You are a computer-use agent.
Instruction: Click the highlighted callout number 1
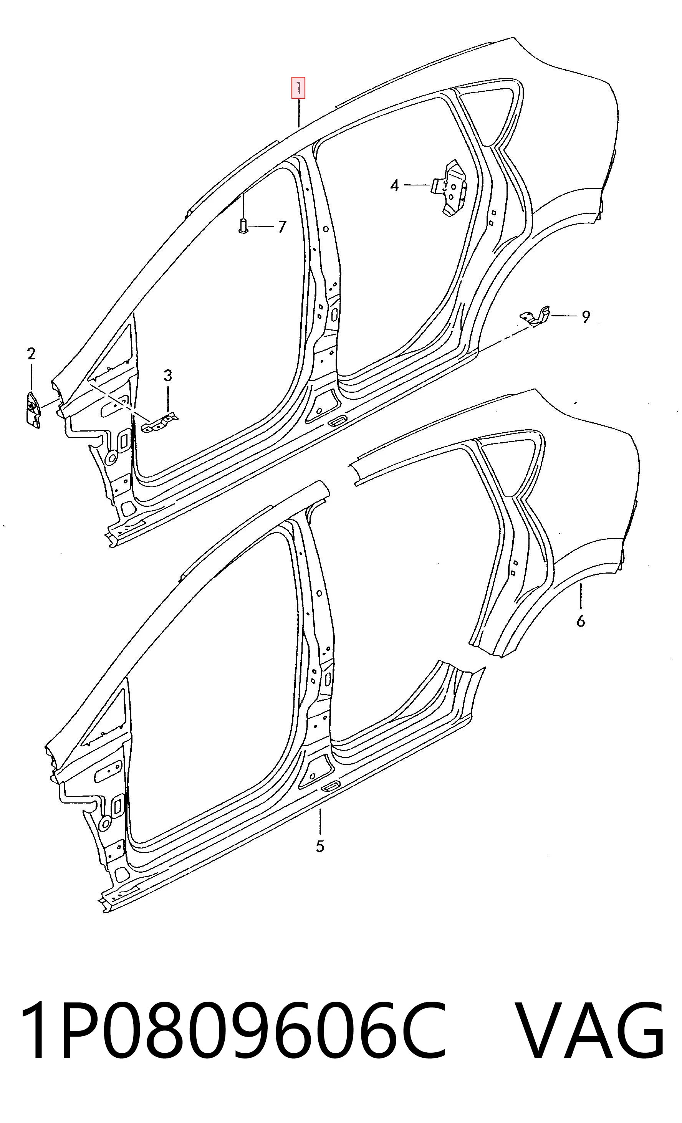pyautogui.click(x=298, y=88)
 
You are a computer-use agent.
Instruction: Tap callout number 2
pyautogui.click(x=31, y=354)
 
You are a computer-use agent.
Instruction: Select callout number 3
pyautogui.click(x=168, y=376)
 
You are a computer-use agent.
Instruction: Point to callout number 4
pyautogui.click(x=394, y=185)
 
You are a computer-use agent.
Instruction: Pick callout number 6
pyautogui.click(x=580, y=621)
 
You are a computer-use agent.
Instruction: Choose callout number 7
pyautogui.click(x=282, y=227)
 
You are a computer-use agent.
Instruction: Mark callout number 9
pyautogui.click(x=586, y=316)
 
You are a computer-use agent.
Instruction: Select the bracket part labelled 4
pyautogui.click(x=449, y=187)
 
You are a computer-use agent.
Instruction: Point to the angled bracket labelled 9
pyautogui.click(x=536, y=316)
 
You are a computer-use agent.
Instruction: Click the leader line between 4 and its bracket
pyautogui.click(x=417, y=185)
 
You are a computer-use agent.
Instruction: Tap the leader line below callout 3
pyautogui.click(x=168, y=400)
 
